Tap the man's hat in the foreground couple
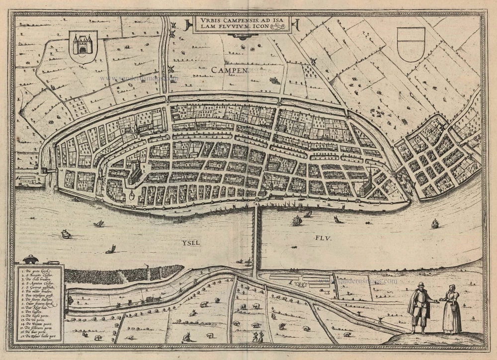(420, 285)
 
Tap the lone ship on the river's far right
(435, 224)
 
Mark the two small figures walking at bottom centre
(258, 337)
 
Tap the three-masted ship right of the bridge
(297, 220)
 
